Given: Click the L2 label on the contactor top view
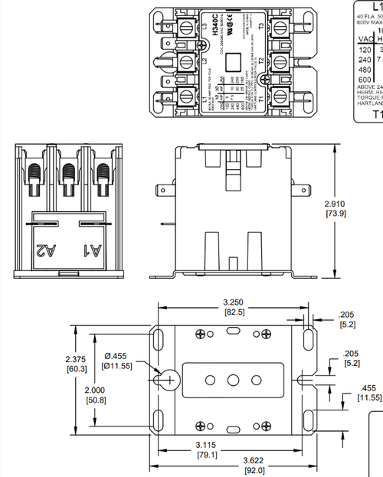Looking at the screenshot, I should pyautogui.click(x=203, y=61).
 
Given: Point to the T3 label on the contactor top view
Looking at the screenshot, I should pyautogui.click(x=261, y=27).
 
